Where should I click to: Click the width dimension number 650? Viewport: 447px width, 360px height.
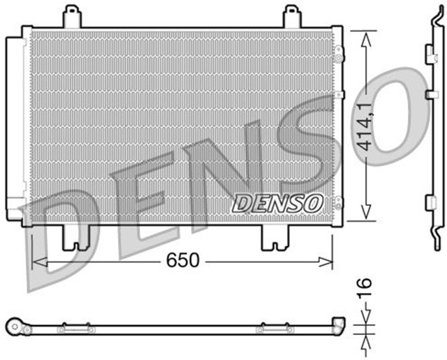[183, 260]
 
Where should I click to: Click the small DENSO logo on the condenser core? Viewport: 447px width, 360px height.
[277, 202]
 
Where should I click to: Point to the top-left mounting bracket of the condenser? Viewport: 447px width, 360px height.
[71, 17]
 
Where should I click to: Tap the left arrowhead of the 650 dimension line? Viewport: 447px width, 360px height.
[37, 261]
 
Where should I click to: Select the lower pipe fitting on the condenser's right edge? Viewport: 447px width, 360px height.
[339, 202]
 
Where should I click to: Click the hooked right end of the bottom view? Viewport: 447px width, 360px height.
[338, 323]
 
